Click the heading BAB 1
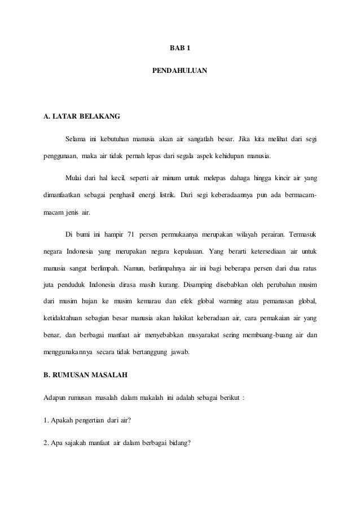(x=180, y=47)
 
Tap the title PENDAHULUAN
(x=180, y=72)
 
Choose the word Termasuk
(x=300, y=234)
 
